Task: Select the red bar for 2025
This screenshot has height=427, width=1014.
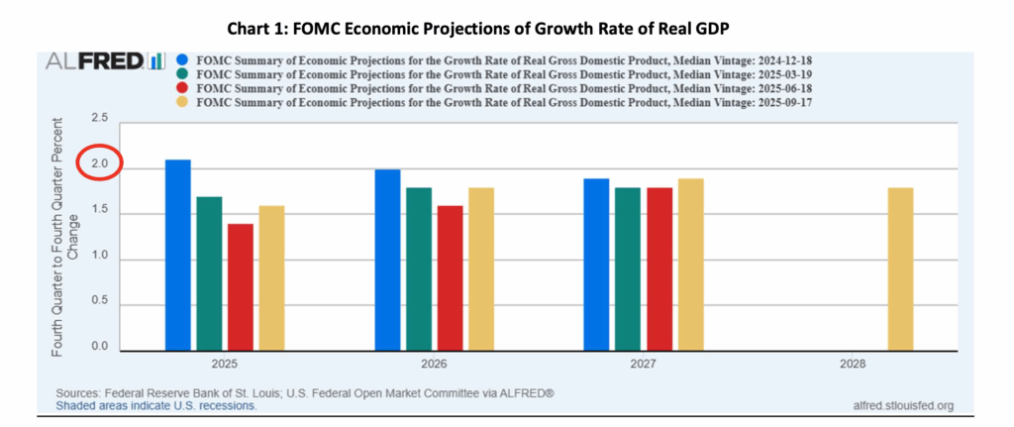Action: [x=241, y=286]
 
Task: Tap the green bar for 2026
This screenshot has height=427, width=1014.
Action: [x=419, y=267]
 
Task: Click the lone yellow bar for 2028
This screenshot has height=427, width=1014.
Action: [x=900, y=267]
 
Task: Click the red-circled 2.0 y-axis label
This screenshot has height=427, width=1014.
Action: [x=100, y=164]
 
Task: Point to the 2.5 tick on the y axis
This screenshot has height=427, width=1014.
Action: [x=100, y=119]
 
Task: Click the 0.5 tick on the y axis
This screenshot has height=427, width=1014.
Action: [x=100, y=302]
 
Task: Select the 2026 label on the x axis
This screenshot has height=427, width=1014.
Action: [x=435, y=365]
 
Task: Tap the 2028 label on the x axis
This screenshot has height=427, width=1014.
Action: [x=853, y=365]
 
